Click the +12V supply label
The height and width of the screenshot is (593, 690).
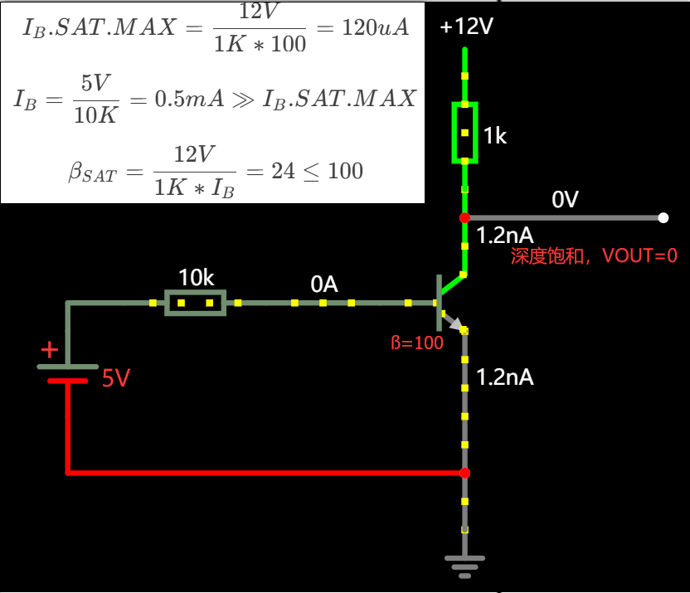[467, 27]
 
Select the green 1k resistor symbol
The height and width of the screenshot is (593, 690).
[464, 133]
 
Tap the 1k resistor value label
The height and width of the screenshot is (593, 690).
[494, 136]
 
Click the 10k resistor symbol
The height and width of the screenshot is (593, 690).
[195, 303]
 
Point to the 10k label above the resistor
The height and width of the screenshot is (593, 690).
[196, 278]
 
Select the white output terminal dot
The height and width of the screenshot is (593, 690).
[663, 217]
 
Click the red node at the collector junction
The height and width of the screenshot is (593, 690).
[464, 217]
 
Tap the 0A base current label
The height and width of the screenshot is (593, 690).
[324, 284]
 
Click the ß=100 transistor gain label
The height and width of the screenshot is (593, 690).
[416, 343]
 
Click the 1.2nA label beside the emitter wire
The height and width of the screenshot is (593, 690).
[504, 378]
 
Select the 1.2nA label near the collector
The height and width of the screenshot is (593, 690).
[504, 236]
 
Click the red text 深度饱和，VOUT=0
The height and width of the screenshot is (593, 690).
[594, 256]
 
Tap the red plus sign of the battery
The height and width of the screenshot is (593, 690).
[49, 349]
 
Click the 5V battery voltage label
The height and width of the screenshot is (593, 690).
[116, 380]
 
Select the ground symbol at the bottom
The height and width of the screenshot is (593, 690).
[464, 567]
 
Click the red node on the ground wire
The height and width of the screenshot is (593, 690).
[464, 473]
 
